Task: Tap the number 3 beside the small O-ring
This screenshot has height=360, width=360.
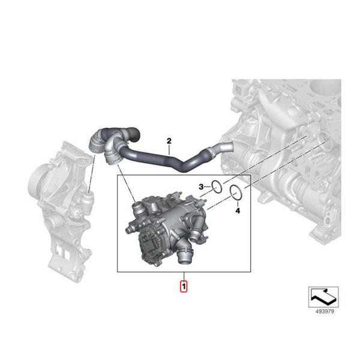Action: (x=202, y=187)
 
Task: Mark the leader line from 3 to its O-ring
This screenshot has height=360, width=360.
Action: (x=208, y=188)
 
